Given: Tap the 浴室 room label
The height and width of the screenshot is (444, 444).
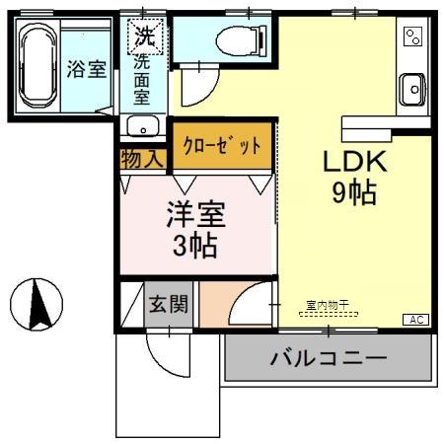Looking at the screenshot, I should (87, 70).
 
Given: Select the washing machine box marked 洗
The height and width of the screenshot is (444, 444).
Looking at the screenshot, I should (145, 39).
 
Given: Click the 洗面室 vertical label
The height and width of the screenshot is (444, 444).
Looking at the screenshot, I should (142, 83).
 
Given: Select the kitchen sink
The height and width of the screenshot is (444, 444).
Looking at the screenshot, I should (413, 90).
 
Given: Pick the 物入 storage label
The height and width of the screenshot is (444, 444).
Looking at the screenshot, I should (143, 159).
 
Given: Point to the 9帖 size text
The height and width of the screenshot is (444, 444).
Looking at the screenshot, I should (353, 194).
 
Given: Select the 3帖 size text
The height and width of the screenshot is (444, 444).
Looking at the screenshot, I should (195, 246).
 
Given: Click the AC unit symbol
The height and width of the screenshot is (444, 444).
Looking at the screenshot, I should (417, 320).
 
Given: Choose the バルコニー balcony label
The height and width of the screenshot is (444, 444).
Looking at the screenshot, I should (329, 357).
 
